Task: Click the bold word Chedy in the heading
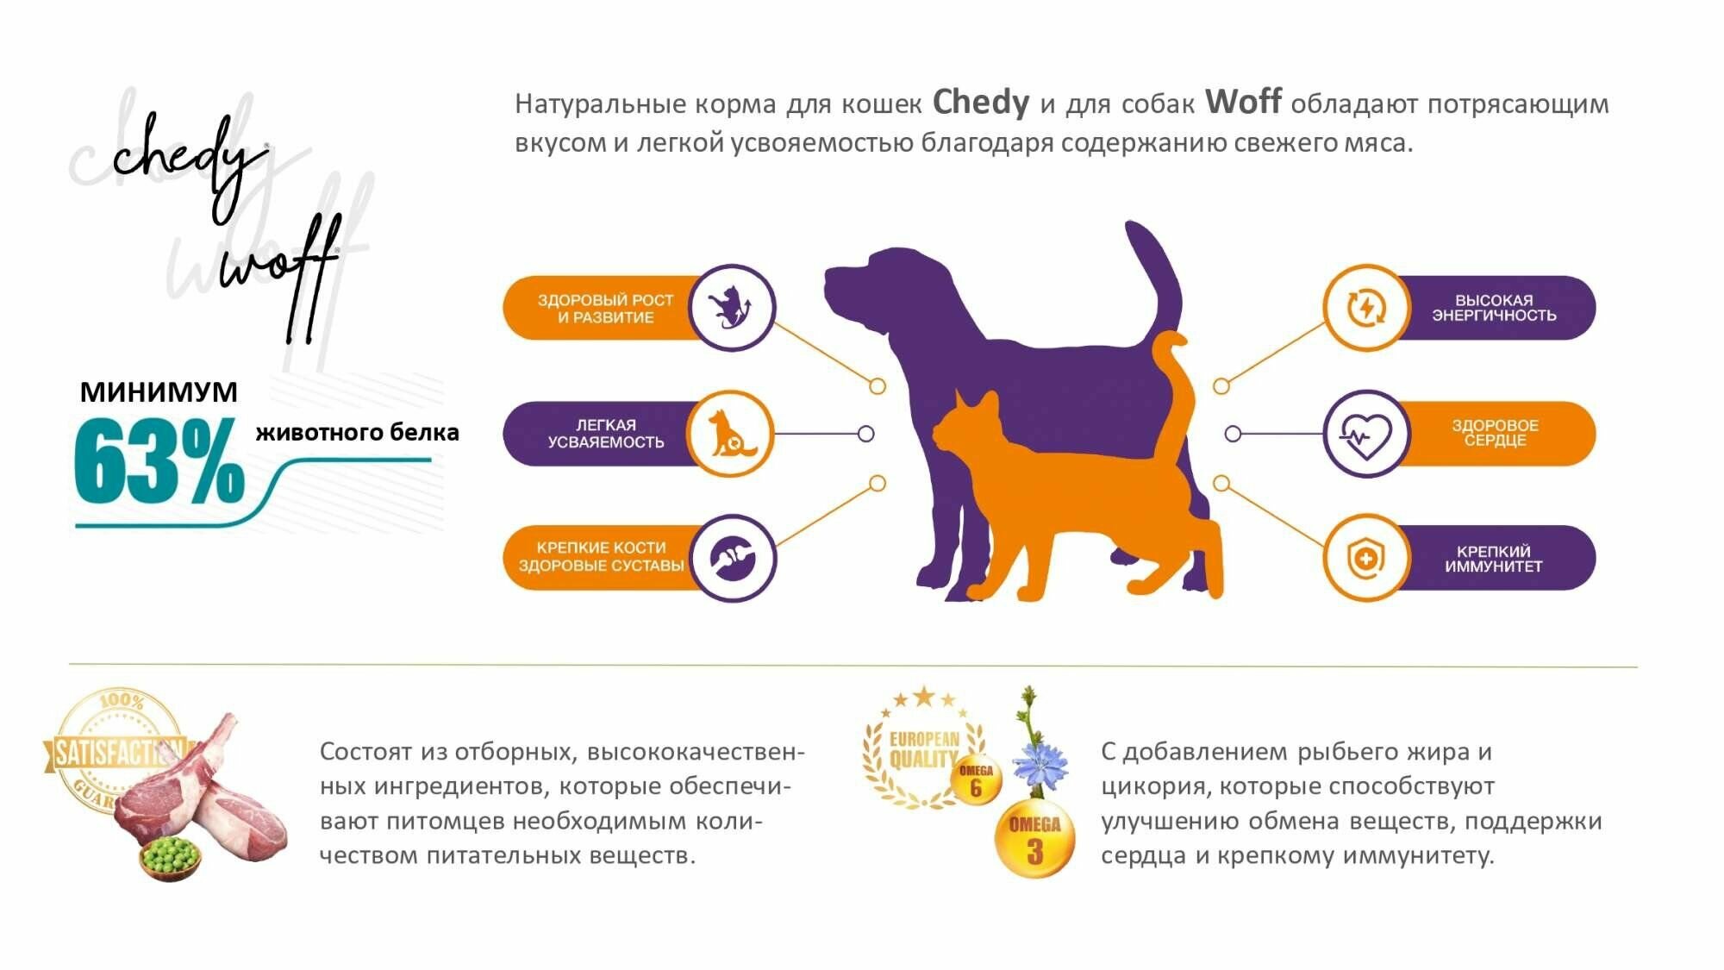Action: (x=980, y=103)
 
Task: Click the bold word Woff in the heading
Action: (x=1242, y=102)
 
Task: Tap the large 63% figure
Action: (x=159, y=461)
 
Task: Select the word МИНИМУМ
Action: (x=159, y=392)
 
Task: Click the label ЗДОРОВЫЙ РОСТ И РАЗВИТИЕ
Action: (x=605, y=309)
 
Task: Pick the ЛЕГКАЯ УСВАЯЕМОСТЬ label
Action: (x=605, y=434)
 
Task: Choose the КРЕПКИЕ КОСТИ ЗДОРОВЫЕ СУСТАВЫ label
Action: (x=601, y=557)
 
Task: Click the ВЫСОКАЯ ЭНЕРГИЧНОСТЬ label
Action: (x=1494, y=308)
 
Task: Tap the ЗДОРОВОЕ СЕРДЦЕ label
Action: (x=1495, y=433)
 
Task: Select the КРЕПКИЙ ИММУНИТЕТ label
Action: (x=1494, y=559)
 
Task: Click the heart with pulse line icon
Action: (x=1365, y=434)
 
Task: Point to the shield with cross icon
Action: (x=1365, y=559)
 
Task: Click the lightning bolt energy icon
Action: (x=1365, y=308)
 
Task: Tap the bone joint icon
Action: (x=733, y=558)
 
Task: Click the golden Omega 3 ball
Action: (x=1034, y=841)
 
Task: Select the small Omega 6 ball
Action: (x=976, y=780)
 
